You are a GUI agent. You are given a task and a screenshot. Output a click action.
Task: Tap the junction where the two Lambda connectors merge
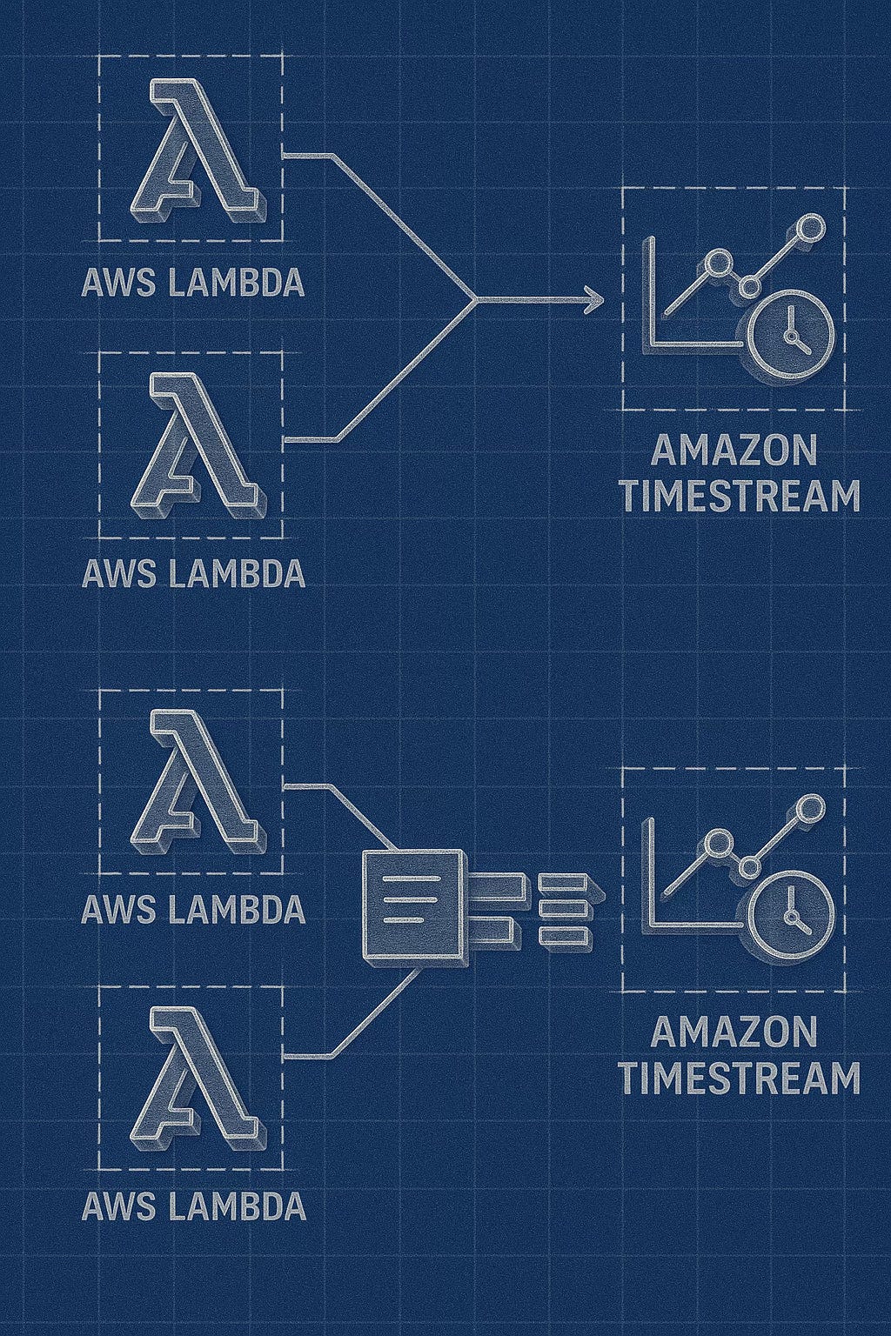tap(475, 300)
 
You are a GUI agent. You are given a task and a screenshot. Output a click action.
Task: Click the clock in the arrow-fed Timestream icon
tap(791, 333)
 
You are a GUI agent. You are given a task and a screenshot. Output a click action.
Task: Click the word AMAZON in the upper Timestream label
tap(733, 452)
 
